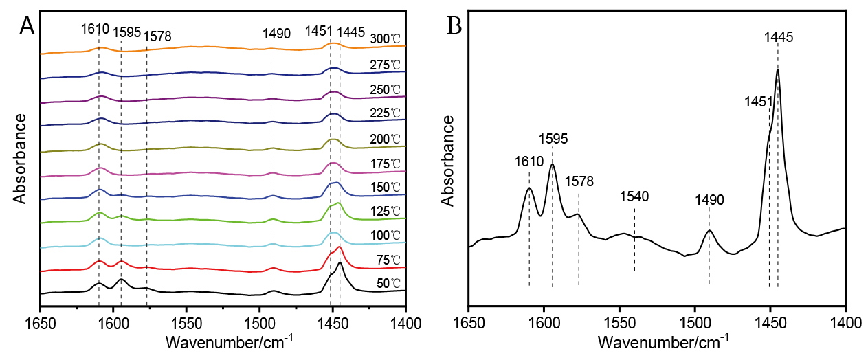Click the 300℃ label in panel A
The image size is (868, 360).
tap(386, 38)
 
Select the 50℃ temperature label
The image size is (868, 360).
tap(386, 282)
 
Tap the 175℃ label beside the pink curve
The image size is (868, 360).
tap(386, 164)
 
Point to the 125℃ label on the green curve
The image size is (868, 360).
tap(386, 210)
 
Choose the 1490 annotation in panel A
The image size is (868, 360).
tap(277, 33)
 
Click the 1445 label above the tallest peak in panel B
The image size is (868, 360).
tap(779, 36)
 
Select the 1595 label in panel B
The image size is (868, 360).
tap(553, 138)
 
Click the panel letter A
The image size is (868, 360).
tap(27, 25)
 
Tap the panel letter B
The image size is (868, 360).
tap(455, 26)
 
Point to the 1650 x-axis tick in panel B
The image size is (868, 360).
tap(469, 320)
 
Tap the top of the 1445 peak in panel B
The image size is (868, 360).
tap(777, 69)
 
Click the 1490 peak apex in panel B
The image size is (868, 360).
tap(709, 230)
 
